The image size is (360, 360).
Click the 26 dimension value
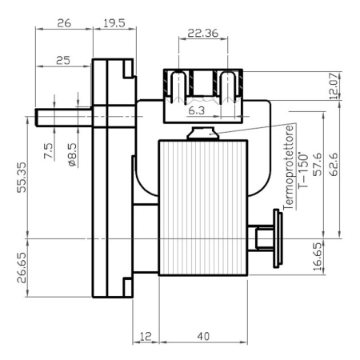(64, 23)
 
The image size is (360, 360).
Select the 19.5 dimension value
(114, 23)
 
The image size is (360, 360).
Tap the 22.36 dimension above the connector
(203, 33)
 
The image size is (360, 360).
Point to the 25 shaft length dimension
(63, 61)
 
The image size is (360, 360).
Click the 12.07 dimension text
(334, 86)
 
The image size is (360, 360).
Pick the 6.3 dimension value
(197, 110)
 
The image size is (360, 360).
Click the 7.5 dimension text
(49, 151)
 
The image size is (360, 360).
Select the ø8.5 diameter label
(73, 155)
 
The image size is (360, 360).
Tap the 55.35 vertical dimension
(22, 178)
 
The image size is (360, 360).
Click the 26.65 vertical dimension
(22, 268)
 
